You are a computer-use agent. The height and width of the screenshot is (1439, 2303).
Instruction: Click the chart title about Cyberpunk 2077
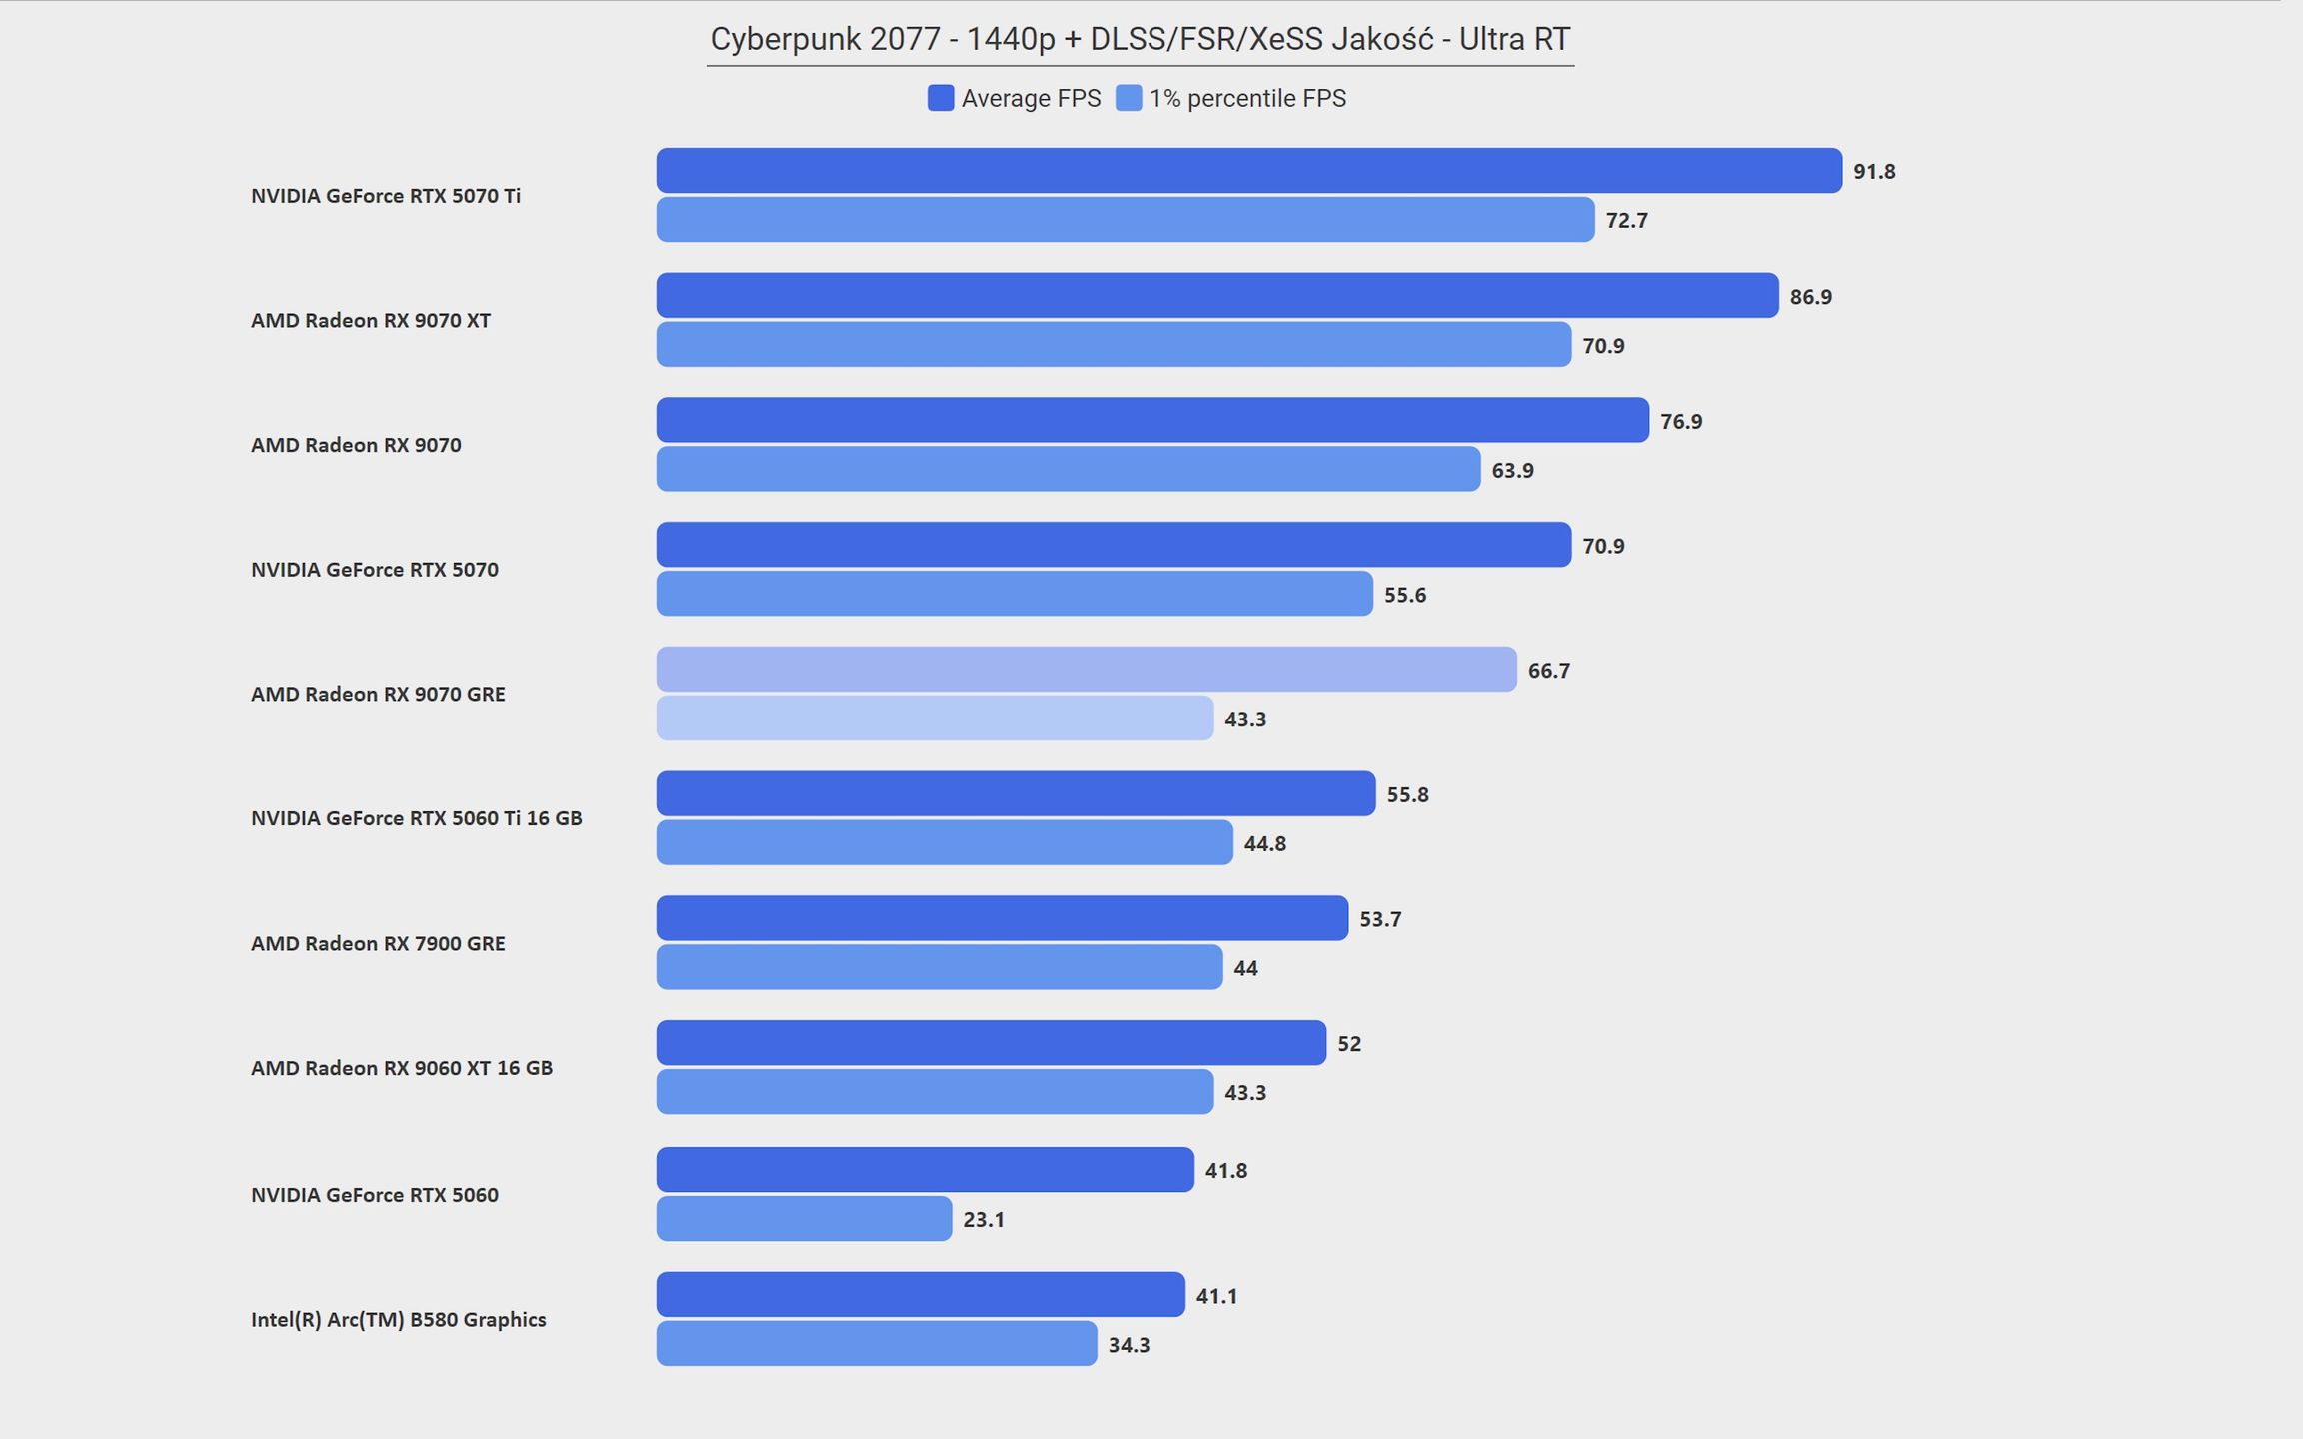click(1140, 40)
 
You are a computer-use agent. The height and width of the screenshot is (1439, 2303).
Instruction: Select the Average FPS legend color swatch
click(940, 98)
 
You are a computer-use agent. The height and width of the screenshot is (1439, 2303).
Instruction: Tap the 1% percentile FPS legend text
click(1247, 98)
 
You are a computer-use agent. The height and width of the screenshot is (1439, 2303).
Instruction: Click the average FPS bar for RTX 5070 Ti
click(1248, 171)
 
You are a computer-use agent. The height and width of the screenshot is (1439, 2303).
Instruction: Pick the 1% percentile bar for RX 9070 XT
click(1114, 344)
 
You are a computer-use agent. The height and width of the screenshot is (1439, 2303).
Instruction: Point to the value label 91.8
click(1874, 172)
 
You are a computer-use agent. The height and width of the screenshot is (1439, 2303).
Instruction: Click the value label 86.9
click(1810, 297)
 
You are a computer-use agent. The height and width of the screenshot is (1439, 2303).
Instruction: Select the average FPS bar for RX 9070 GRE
click(1087, 669)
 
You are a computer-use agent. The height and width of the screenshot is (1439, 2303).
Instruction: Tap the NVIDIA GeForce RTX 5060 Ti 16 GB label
click(416, 818)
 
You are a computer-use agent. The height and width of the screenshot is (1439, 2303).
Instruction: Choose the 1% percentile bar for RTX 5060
click(804, 1218)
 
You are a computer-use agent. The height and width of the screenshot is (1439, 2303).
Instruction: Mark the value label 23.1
click(984, 1220)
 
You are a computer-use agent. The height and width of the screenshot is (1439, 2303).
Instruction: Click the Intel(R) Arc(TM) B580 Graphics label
click(398, 1319)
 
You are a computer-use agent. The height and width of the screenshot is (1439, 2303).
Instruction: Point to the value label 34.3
click(1129, 1345)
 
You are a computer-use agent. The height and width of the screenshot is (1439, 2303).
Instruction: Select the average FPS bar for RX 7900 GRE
click(1002, 917)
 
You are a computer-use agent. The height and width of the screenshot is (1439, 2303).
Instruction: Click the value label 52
click(1349, 1044)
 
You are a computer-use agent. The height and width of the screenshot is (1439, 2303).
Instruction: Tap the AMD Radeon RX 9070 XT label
click(370, 320)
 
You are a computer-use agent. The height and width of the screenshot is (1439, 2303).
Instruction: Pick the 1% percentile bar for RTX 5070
click(1015, 593)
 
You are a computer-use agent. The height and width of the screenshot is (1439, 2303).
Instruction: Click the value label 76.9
click(1681, 422)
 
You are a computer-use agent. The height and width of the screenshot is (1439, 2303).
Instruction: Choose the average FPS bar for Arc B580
click(921, 1294)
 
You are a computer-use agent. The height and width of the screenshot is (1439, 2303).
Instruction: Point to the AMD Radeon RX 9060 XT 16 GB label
click(401, 1068)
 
